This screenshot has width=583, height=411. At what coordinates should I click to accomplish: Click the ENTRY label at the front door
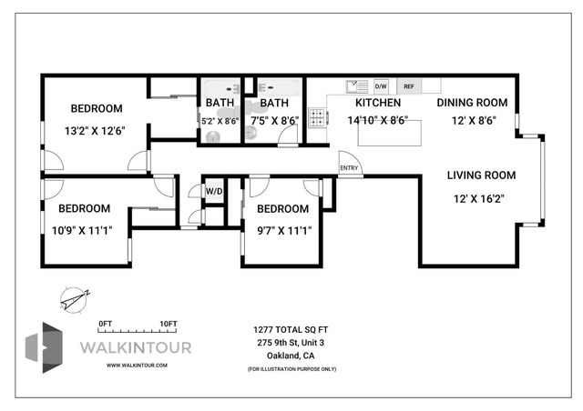(x=348, y=168)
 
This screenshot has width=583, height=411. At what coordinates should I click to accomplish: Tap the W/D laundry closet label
(x=214, y=192)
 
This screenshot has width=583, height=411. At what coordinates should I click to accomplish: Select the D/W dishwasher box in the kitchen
(x=381, y=87)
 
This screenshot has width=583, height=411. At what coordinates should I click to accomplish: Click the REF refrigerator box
(x=408, y=87)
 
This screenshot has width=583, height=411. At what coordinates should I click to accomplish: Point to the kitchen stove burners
(x=318, y=118)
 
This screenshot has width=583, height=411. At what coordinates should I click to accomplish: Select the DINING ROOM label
(x=472, y=103)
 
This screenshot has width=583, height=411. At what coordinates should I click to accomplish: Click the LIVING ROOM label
(x=481, y=175)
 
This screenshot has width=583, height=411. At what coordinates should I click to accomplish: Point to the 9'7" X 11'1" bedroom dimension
(x=278, y=230)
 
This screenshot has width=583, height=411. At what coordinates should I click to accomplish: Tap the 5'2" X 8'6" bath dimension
(x=220, y=120)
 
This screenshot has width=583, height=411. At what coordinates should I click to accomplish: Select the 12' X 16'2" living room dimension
(x=481, y=198)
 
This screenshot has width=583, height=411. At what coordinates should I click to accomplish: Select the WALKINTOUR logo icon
(x=45, y=347)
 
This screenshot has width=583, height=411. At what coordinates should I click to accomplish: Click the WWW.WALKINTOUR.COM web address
(x=137, y=365)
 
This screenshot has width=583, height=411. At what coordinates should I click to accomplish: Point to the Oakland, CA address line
(x=291, y=356)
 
